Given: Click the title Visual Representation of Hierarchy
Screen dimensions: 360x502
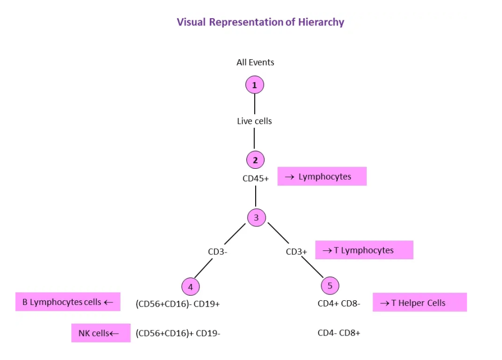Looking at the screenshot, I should coord(260,22).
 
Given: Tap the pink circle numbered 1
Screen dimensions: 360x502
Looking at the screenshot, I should coord(255,85).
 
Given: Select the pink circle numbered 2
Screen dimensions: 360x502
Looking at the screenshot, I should coord(255,160).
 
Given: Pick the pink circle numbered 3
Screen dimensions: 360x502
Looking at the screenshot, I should coord(256,218).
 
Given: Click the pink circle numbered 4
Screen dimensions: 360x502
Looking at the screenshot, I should coord(191,286).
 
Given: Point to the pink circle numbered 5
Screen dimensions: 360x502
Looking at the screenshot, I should coord(330,285).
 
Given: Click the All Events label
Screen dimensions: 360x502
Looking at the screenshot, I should coord(255,62).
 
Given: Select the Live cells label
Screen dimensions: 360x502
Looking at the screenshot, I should coord(255,121).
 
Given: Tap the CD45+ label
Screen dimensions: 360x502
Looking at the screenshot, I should coord(256,178).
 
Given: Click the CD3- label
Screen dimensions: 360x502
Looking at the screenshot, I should coord(218,252).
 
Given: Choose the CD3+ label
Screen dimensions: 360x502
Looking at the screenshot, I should coord(296,252).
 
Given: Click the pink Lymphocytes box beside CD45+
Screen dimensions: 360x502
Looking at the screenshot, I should coord(322,177).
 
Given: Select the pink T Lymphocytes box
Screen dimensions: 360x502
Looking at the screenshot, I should coord(364,250).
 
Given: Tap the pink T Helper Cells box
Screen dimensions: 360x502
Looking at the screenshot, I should coord(419,303).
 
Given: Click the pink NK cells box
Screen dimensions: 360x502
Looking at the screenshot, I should coord(101,333).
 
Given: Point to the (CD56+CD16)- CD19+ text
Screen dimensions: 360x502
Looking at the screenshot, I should coord(178,304).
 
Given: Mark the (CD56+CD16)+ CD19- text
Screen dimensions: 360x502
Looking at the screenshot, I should coord(178,333).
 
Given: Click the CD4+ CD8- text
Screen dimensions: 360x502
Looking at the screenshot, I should coord(339,303).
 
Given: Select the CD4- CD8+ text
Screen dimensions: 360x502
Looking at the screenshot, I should coord(339,333).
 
